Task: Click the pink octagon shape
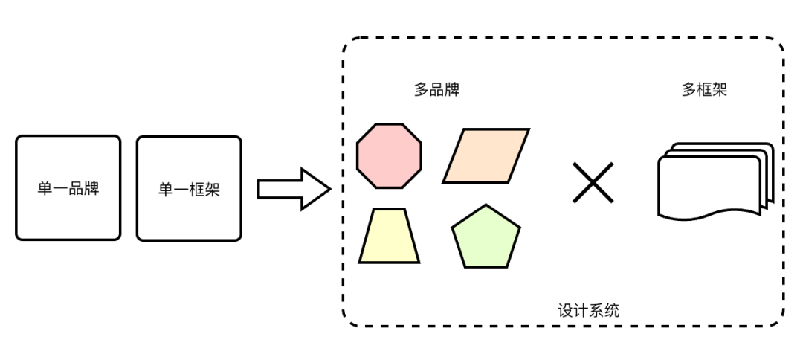click(x=389, y=155)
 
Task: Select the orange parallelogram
click(x=486, y=155)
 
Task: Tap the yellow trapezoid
click(x=389, y=236)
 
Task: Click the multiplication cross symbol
click(x=593, y=183)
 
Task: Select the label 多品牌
click(x=436, y=90)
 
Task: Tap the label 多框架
click(x=703, y=90)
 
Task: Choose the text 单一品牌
click(x=68, y=189)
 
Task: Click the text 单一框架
click(x=189, y=189)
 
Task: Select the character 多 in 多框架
click(x=688, y=90)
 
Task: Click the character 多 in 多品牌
click(x=422, y=90)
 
